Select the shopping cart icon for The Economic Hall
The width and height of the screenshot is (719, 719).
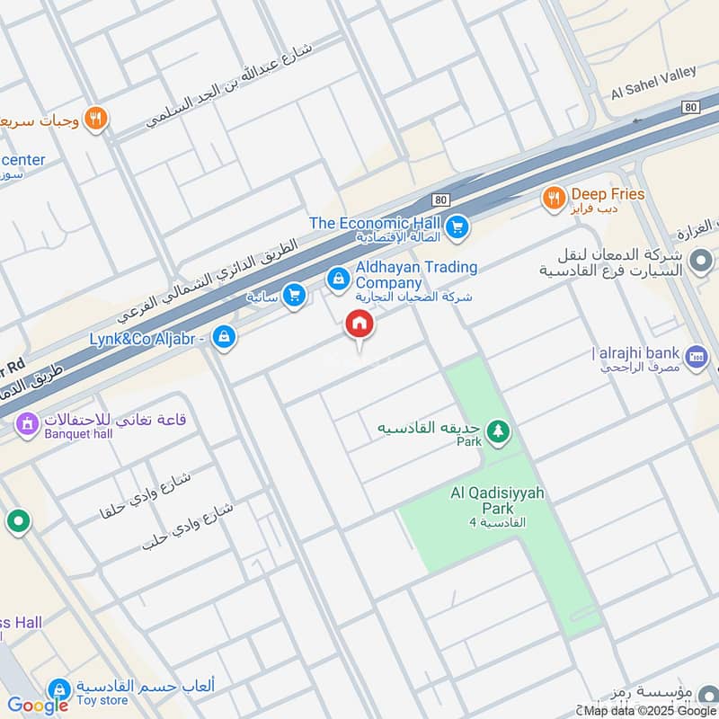click(457, 227)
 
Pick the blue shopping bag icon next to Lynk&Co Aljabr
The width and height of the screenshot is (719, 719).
click(225, 338)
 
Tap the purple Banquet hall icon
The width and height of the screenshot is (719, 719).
click(27, 422)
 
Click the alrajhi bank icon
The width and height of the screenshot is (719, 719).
click(696, 355)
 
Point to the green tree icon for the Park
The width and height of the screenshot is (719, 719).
click(497, 433)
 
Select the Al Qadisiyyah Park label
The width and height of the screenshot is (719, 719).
click(498, 501)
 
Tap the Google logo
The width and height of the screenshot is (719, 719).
click(38, 706)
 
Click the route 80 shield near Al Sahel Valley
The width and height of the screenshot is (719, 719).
click(689, 106)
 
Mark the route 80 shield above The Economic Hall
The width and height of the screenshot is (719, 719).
click(439, 199)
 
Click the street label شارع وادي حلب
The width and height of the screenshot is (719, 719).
click(188, 526)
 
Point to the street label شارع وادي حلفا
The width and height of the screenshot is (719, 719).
click(147, 496)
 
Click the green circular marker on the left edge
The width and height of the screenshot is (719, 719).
click(17, 520)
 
